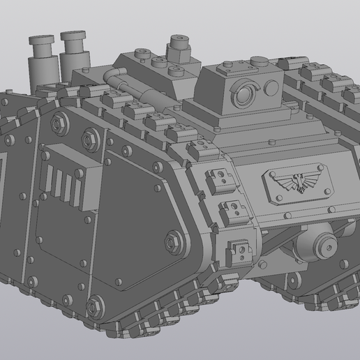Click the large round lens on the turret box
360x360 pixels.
point(245,96)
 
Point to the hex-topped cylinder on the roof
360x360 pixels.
point(178,49)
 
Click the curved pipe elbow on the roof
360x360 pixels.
point(111,75)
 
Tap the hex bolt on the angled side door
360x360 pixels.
point(172,241)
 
